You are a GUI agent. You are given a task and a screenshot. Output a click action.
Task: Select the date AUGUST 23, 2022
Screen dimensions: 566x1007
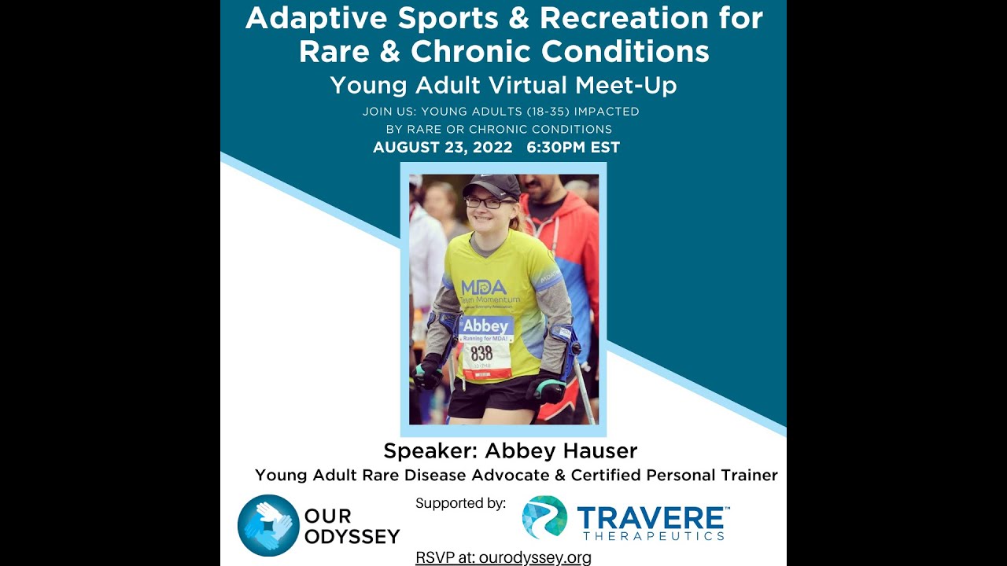[x=442, y=147]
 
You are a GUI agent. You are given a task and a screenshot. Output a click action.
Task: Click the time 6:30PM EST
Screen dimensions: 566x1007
[x=574, y=147]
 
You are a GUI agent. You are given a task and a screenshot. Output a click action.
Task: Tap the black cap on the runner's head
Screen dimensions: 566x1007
[x=492, y=186]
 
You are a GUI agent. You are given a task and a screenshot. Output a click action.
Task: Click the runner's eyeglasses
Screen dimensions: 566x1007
[x=481, y=202]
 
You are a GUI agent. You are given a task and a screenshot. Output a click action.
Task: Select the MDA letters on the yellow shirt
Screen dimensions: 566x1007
[x=483, y=287]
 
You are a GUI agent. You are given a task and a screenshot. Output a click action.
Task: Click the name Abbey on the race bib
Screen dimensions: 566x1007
[x=485, y=325]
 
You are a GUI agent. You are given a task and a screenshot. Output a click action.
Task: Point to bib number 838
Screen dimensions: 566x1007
[x=481, y=353]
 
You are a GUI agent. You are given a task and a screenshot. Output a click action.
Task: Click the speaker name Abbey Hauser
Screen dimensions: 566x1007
[x=561, y=451]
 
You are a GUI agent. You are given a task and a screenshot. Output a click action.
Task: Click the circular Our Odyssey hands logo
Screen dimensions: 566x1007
[x=268, y=525]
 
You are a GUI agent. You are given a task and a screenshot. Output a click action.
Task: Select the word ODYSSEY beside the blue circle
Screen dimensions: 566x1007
[x=352, y=537]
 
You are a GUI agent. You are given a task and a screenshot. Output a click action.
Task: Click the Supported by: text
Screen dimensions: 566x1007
[x=460, y=503]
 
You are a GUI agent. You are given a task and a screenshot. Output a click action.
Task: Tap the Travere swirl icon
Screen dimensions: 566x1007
[x=544, y=516]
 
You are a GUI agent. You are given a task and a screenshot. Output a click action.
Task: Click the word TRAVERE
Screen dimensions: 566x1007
[x=650, y=518]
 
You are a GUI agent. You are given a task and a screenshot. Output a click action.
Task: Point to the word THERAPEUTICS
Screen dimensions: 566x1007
[x=653, y=536]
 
